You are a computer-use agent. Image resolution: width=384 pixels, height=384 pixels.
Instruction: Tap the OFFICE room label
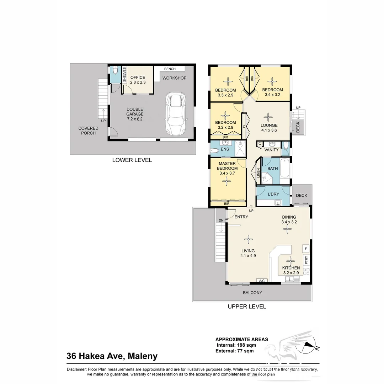coord(138,78)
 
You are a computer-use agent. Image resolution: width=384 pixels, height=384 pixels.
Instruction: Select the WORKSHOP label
coord(174,78)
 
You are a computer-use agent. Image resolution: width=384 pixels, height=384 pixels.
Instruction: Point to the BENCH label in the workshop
coord(170,69)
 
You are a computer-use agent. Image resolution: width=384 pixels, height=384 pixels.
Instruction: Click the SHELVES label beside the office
coord(124,75)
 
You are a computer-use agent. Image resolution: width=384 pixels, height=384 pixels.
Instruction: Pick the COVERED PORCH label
coord(88,130)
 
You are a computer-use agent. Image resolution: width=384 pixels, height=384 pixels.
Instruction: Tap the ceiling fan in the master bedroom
coord(226,181)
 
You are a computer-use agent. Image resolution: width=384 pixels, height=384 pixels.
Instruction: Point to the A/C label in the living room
coord(262,281)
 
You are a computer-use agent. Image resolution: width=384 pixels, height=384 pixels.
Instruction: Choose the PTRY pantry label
coord(306,260)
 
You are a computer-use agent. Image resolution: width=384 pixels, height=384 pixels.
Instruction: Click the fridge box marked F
coord(305,248)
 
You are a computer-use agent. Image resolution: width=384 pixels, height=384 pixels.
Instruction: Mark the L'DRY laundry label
coord(273,194)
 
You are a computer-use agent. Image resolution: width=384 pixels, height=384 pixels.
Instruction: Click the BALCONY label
coord(252,293)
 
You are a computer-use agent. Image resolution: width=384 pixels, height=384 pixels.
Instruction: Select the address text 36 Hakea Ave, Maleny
coord(112,356)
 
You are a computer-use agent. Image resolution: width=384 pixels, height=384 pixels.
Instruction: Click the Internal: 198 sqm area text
coord(236,345)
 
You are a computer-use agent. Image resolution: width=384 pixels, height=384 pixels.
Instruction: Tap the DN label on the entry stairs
coord(221,220)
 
